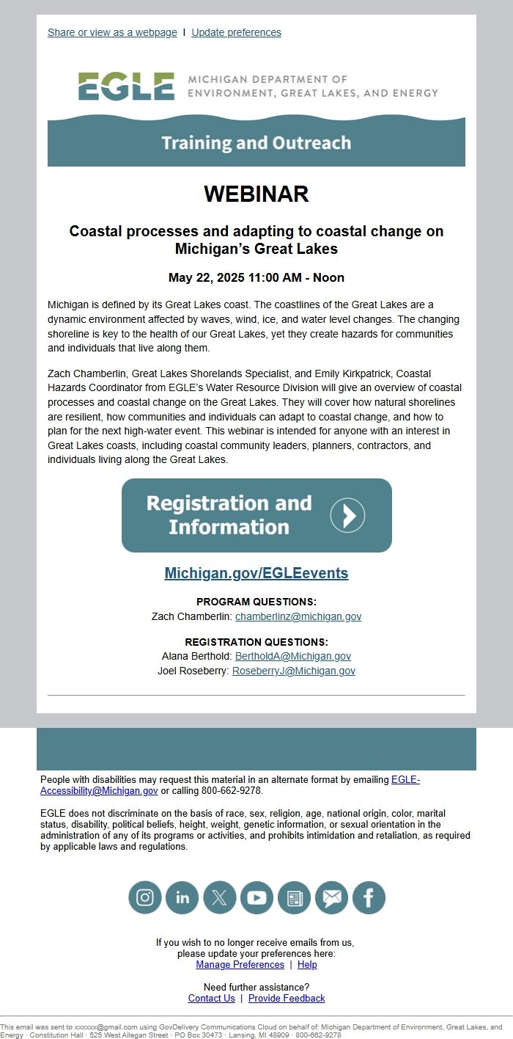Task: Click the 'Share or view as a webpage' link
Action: [x=112, y=32]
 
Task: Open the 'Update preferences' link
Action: [x=236, y=32]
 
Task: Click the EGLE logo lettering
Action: [x=126, y=87]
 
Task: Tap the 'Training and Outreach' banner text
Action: [x=256, y=142]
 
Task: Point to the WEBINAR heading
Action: [x=256, y=194]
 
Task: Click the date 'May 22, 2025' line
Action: [x=256, y=277]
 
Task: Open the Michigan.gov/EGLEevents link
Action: [x=256, y=573]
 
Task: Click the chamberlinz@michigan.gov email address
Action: [x=298, y=616]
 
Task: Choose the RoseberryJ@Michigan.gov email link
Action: [x=294, y=671]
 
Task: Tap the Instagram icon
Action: [x=145, y=897]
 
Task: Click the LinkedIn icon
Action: [x=182, y=897]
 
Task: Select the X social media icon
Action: [x=220, y=897]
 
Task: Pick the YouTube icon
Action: [x=256, y=897]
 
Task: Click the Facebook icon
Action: [x=369, y=897]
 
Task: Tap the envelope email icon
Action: [x=331, y=897]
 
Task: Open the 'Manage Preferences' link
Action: [x=240, y=964]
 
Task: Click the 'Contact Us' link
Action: [x=212, y=998]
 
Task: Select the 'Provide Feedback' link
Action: [x=287, y=998]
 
